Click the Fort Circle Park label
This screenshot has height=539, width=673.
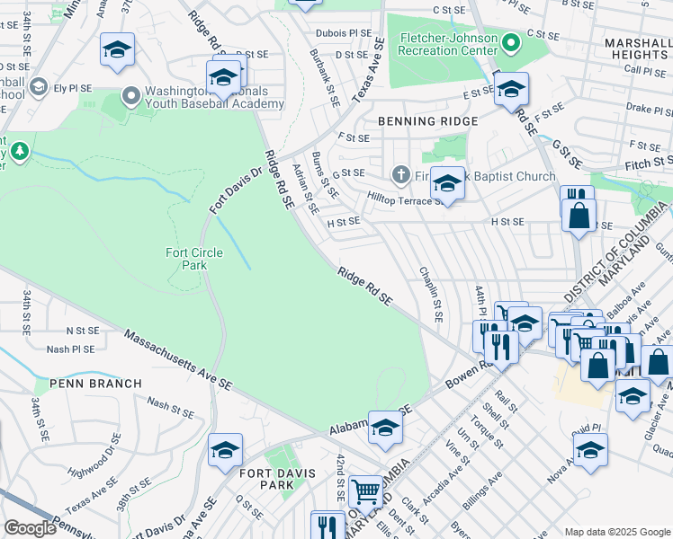coord(186,259)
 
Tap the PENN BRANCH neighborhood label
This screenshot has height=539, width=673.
coord(95,384)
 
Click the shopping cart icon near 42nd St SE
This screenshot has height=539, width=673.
coord(366,490)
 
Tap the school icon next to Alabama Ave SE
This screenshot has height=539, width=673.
coord(385,428)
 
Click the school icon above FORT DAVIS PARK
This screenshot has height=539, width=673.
coord(225,449)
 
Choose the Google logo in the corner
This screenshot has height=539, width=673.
coord(30,528)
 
